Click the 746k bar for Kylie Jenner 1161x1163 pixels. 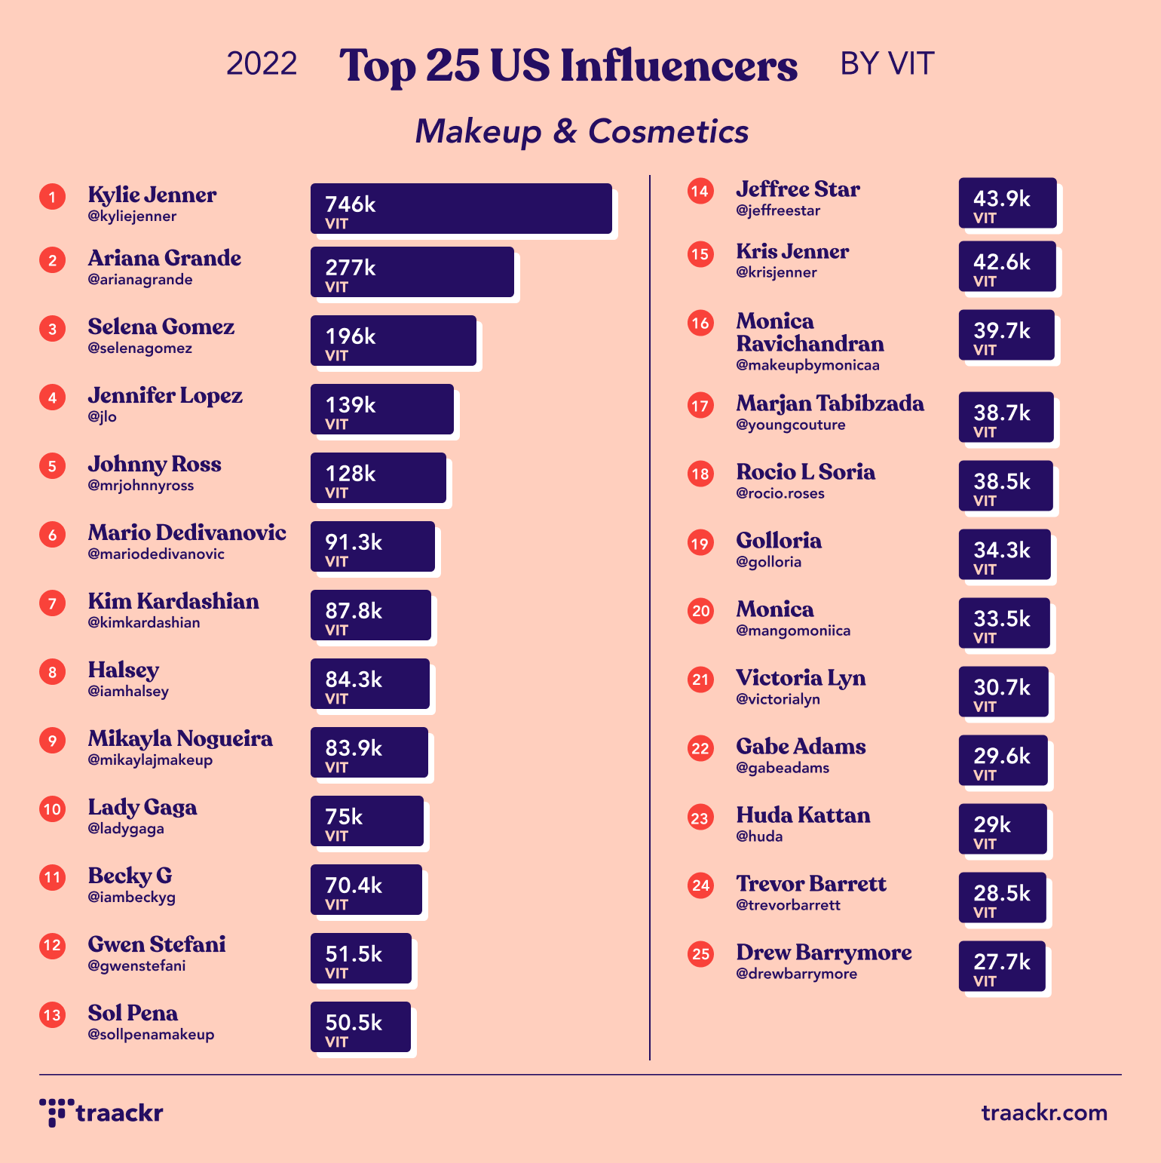point(461,209)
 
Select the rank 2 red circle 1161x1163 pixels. point(52,260)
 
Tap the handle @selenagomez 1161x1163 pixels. point(139,348)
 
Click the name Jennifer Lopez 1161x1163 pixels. point(165,395)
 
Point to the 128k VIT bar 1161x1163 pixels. point(378,478)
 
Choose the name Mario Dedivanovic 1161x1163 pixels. point(187,532)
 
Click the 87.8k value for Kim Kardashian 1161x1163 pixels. point(354,611)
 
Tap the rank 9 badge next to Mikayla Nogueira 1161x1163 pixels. point(52,741)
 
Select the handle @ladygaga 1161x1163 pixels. point(126,829)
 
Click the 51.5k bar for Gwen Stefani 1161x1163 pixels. point(360,959)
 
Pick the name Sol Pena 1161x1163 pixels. point(133,1013)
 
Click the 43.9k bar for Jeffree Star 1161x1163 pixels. point(1007,203)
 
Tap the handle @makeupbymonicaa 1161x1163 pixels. point(807,366)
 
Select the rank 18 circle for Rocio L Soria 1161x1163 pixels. point(700,474)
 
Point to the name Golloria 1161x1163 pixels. point(779,541)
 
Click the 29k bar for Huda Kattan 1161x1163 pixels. point(1003,829)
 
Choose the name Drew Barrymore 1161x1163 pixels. point(824,953)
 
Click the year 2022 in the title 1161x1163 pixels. point(262,64)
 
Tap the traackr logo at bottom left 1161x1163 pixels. point(101,1112)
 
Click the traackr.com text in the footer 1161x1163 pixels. point(1044,1112)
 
